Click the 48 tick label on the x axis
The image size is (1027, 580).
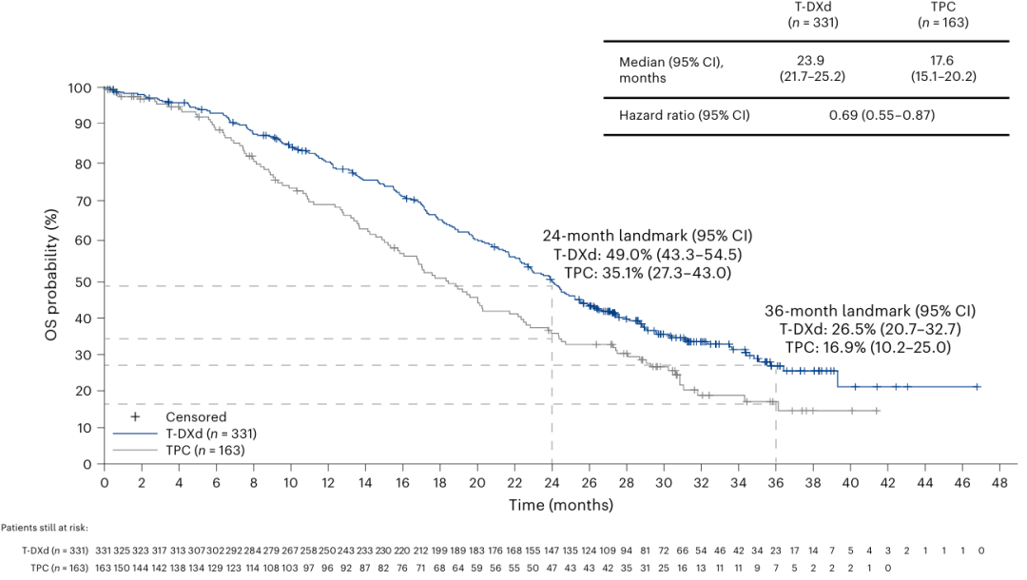coord(999,482)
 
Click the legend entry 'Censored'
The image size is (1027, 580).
coord(196,416)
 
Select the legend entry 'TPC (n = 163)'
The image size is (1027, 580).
coord(204,449)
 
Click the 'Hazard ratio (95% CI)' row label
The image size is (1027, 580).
coord(684,116)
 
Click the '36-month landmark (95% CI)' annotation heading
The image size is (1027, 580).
coord(870,311)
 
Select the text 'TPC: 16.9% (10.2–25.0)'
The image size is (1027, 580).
coord(870,347)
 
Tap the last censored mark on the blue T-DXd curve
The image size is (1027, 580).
coord(977,387)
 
